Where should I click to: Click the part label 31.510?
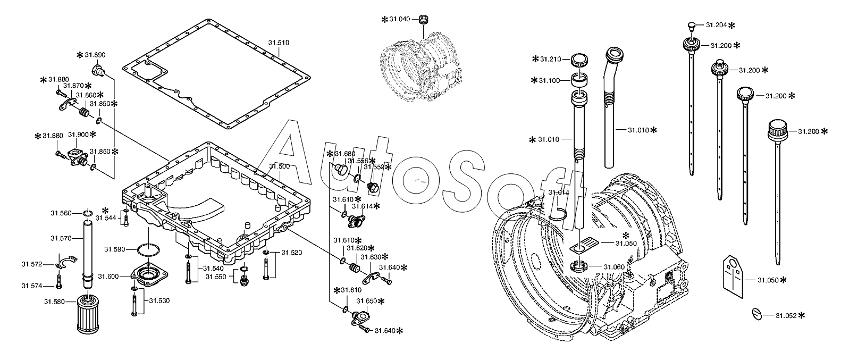pyautogui.click(x=279, y=43)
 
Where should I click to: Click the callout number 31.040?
pyautogui.click(x=399, y=19)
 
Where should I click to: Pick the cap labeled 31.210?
pyautogui.click(x=579, y=61)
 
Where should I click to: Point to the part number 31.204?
pyautogui.click(x=717, y=25)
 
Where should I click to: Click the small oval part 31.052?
pyautogui.click(x=758, y=314)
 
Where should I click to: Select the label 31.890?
pyautogui.click(x=95, y=55)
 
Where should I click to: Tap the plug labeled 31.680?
pyautogui.click(x=340, y=169)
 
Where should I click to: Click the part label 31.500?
pyautogui.click(x=279, y=166)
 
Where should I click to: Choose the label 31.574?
pyautogui.click(x=32, y=286)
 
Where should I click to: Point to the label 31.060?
pyautogui.click(x=614, y=267)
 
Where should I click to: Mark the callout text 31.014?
pyautogui.click(x=559, y=192)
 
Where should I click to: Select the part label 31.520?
pyautogui.click(x=292, y=253)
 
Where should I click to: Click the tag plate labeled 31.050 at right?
pyautogui.click(x=733, y=277)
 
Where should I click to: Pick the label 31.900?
pyautogui.click(x=79, y=135)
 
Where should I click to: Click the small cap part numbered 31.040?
pyautogui.click(x=424, y=20)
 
